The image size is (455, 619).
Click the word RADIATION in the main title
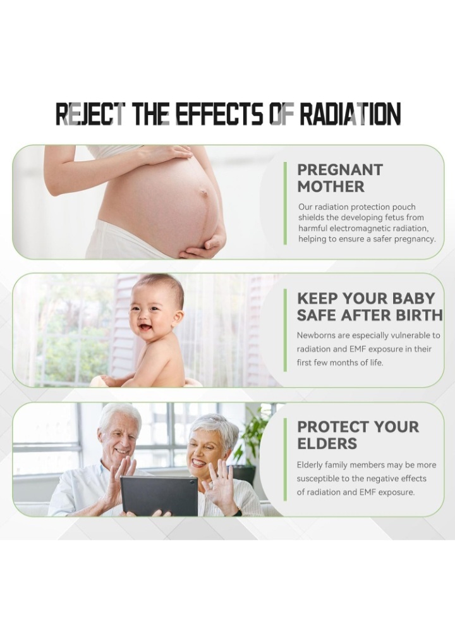[350, 114]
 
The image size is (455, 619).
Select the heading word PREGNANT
[340, 169]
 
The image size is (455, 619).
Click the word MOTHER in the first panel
[331, 187]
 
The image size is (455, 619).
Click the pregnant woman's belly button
[204, 193]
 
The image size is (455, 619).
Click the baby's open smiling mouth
[145, 328]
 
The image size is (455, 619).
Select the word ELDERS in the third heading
[327, 444]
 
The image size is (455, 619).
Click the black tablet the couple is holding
[159, 496]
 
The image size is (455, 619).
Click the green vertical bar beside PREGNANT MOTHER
[285, 203]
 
